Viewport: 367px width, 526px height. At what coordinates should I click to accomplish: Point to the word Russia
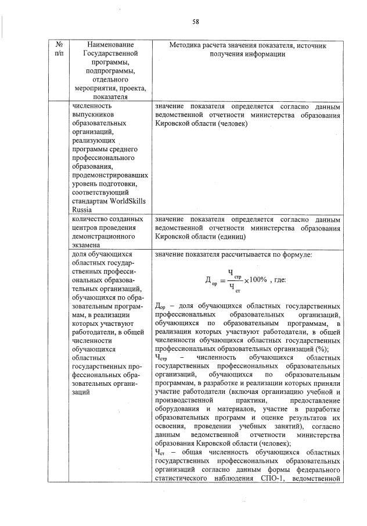point(80,210)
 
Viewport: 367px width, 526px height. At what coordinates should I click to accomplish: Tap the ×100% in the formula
point(255,280)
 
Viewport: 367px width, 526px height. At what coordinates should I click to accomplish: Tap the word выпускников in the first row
point(91,115)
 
